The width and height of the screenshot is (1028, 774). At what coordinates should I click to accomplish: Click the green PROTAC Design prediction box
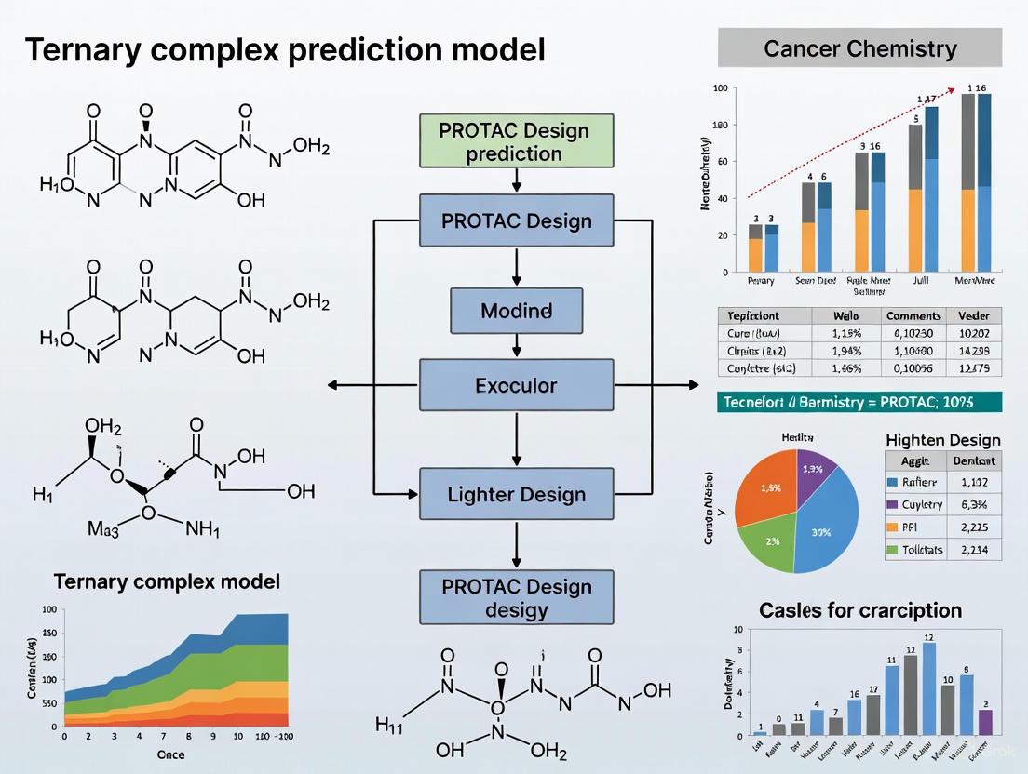[x=516, y=140]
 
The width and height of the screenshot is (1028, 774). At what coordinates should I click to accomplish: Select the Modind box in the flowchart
[x=516, y=311]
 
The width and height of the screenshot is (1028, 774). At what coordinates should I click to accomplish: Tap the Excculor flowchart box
[x=516, y=385]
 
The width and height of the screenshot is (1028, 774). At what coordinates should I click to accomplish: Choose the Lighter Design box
[x=516, y=494]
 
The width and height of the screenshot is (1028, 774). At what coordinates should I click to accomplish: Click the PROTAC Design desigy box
[x=516, y=597]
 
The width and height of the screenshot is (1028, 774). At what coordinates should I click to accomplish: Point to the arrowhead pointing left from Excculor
[x=331, y=385]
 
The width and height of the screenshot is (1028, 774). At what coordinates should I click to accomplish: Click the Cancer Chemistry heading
[x=859, y=49]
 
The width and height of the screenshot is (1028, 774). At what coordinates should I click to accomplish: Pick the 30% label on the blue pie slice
[x=820, y=532]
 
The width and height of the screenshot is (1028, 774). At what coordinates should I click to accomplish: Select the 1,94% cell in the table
[x=845, y=351]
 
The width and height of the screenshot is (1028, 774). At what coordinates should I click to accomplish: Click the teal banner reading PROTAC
[x=859, y=402]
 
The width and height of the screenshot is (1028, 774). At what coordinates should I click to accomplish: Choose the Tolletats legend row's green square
[x=893, y=549]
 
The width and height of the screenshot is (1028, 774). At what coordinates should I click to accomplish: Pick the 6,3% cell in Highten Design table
[x=974, y=504]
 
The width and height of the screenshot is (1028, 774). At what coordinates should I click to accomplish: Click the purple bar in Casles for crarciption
[x=986, y=723]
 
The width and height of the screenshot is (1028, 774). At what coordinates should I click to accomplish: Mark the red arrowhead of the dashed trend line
[x=953, y=90]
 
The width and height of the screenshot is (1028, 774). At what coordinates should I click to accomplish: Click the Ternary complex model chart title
[x=167, y=582]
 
